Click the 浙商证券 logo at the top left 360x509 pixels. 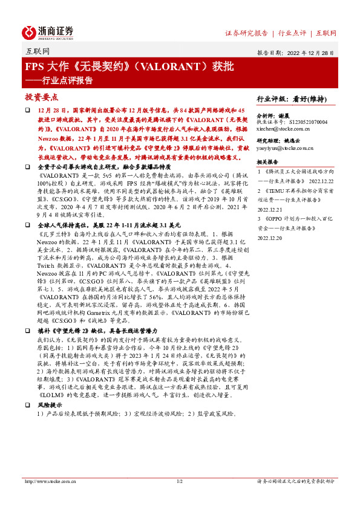click(48, 32)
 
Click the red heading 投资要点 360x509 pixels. click(42, 97)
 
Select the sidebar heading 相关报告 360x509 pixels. click(267, 162)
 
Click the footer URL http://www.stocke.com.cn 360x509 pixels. click(49, 482)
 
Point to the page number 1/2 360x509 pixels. click(180, 482)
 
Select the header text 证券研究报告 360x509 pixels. click(246, 33)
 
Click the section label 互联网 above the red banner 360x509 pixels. click(38, 53)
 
